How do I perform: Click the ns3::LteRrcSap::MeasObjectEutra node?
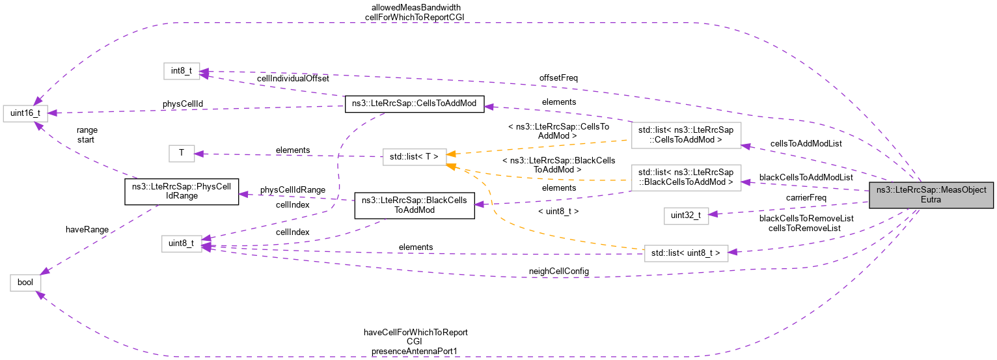click(931, 195)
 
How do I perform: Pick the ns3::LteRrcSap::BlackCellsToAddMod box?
click(414, 205)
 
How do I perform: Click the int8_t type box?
click(181, 71)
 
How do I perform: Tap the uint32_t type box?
click(685, 216)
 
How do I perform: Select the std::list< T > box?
click(414, 156)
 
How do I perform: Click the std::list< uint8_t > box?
click(685, 253)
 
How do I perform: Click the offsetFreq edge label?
click(558, 77)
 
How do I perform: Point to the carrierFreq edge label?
click(806, 197)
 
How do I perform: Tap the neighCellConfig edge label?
click(558, 270)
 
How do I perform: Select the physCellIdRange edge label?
click(293, 189)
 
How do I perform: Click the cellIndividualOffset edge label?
click(293, 78)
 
